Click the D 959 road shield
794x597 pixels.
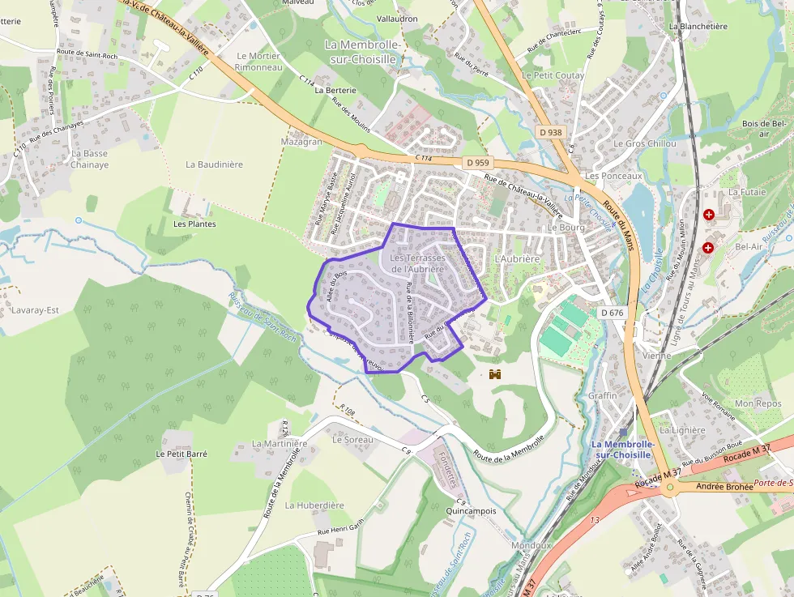(x=480, y=163)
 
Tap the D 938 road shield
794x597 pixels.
(x=549, y=132)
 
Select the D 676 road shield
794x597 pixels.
(x=613, y=313)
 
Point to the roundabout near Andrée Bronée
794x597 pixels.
(x=669, y=488)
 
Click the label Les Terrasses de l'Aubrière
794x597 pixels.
(x=417, y=263)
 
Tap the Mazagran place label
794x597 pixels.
(x=301, y=141)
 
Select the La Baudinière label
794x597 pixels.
(x=214, y=164)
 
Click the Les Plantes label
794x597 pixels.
(x=194, y=224)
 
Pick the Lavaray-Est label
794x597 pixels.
(x=36, y=309)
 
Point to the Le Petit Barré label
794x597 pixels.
(x=181, y=454)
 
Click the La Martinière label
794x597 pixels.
(x=280, y=443)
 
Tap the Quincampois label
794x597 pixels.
(x=471, y=511)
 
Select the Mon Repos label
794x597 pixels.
(x=758, y=403)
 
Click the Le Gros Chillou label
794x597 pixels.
(x=644, y=143)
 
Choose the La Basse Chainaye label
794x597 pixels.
(x=89, y=159)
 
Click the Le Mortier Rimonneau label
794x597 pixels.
(x=258, y=62)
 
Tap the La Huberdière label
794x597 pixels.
(x=314, y=505)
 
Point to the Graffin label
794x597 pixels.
(x=603, y=395)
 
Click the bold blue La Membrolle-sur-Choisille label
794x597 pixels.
(x=621, y=450)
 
